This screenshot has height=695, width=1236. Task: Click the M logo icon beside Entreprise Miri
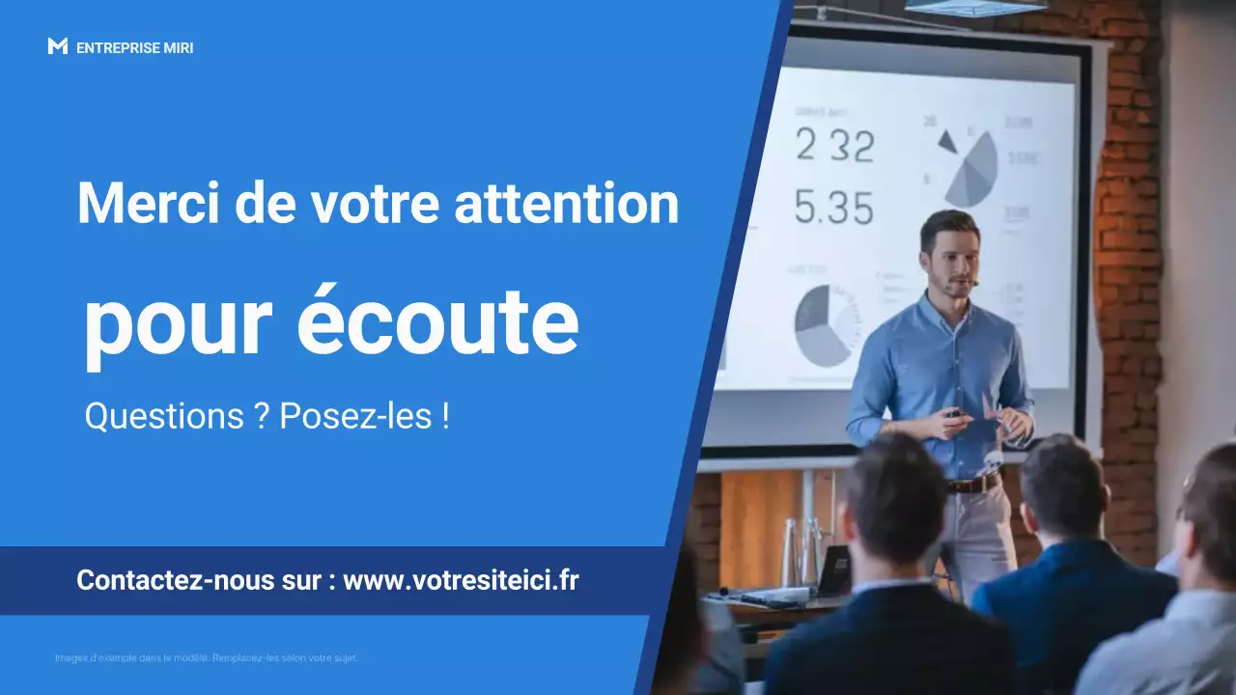57,46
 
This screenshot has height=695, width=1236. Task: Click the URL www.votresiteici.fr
461,580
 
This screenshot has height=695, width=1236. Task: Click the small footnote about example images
207,658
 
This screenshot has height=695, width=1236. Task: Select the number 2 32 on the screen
834,146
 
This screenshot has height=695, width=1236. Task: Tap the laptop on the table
833,571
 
